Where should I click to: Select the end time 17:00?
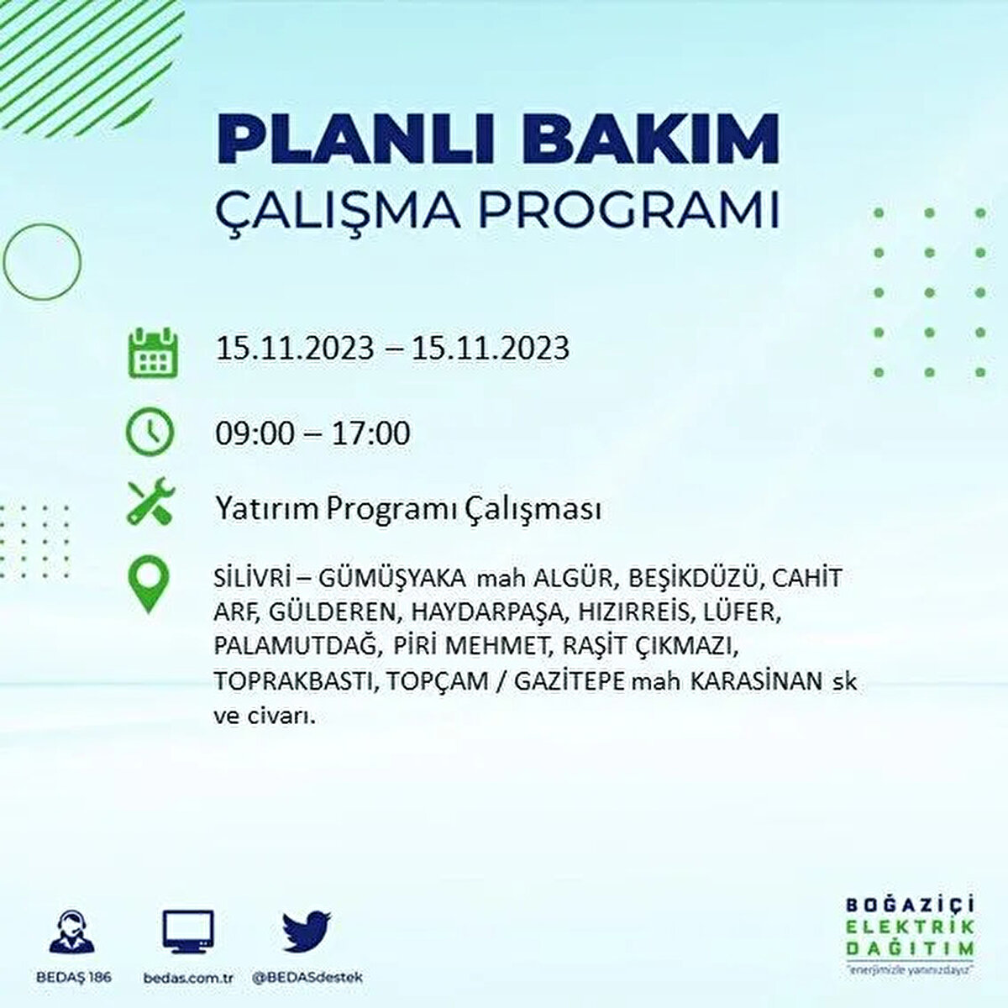click(370, 433)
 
